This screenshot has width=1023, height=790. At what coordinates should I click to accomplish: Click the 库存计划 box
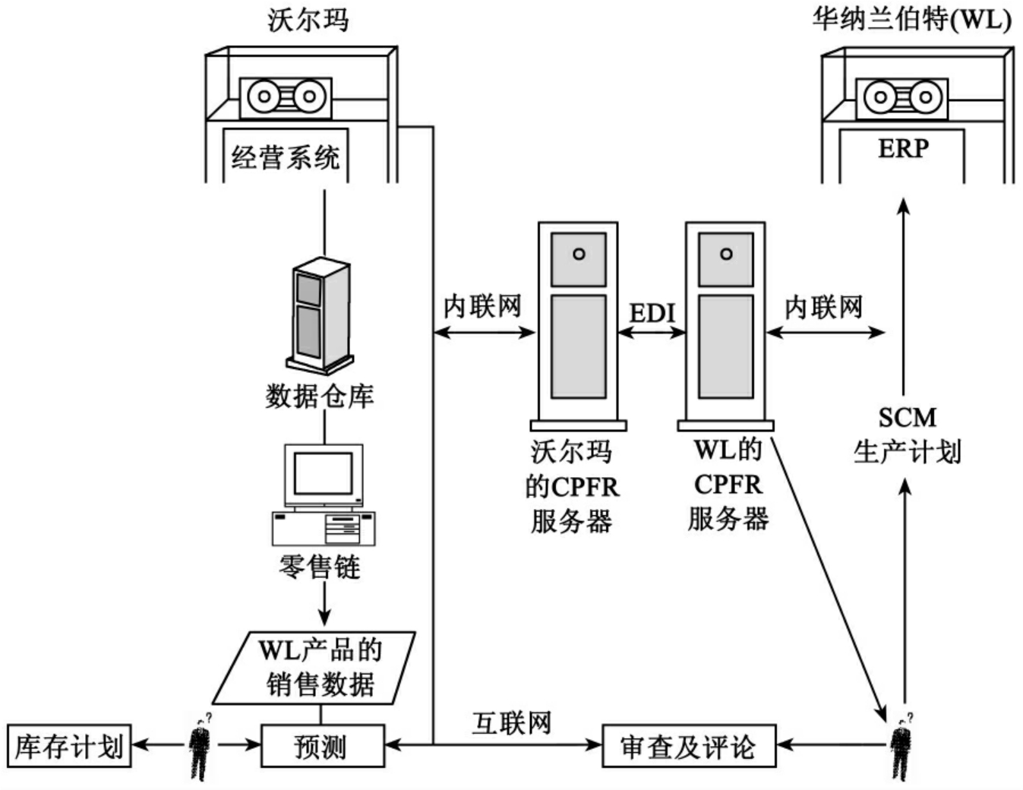point(68,746)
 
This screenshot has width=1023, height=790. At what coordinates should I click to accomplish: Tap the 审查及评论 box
point(688,746)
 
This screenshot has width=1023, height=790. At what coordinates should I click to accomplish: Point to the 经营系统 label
point(286,158)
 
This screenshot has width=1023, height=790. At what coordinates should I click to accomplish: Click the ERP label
point(903,148)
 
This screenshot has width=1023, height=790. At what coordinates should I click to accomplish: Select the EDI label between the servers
point(652,313)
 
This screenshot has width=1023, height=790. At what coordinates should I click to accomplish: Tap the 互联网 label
point(511,723)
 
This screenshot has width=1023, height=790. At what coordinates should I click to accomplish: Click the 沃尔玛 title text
point(308,20)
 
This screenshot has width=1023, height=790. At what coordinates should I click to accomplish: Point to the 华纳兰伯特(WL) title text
point(911,20)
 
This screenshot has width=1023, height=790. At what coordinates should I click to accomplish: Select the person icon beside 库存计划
point(200,748)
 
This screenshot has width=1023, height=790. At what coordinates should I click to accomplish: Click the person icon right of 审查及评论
point(901,748)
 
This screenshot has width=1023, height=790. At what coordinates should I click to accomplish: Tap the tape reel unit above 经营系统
point(286,97)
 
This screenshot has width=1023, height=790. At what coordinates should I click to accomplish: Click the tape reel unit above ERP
point(902,97)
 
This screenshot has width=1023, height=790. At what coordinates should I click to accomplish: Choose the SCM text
point(907,418)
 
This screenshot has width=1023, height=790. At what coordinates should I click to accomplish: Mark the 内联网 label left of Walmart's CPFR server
point(482,307)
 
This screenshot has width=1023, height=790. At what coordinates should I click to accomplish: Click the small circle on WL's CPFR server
point(726,254)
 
